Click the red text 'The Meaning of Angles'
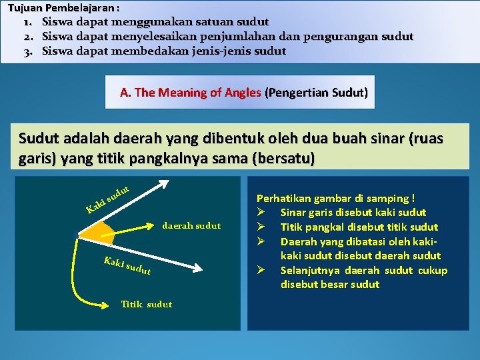click(198, 93)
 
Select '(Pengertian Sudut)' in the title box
click(316, 93)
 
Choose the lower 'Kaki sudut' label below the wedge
click(127, 265)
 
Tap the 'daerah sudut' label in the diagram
click(191, 225)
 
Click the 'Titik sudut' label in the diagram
click(146, 304)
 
